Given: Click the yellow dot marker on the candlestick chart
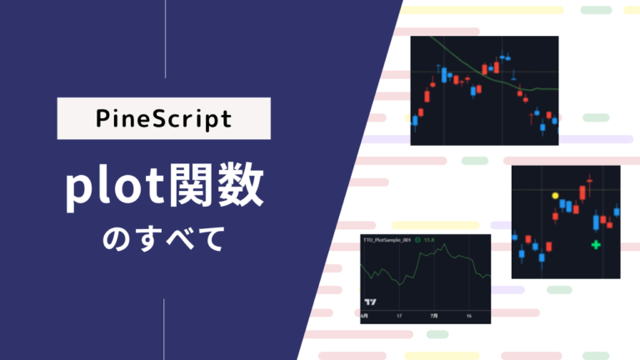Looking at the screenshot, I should [x=555, y=196].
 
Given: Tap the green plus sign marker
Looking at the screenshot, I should [x=596, y=244].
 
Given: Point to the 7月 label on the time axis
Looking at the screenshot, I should [x=433, y=317].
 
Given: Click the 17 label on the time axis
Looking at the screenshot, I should [x=399, y=317].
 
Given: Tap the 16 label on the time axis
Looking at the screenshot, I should [x=470, y=317].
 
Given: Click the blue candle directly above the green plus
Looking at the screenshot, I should [x=596, y=223].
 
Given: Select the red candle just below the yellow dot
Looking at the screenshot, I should [x=555, y=217].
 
